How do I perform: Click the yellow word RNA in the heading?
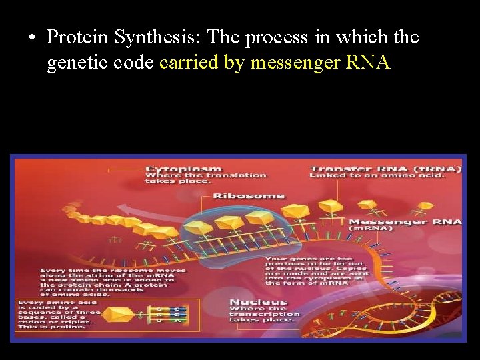pyautogui.click(x=368, y=64)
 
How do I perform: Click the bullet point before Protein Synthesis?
pyautogui.click(x=32, y=38)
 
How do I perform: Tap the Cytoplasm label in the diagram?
pyautogui.click(x=183, y=169)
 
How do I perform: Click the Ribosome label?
pyautogui.click(x=248, y=196)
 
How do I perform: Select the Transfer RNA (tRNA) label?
pyautogui.click(x=385, y=169)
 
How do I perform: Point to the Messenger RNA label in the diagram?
pyautogui.click(x=405, y=221)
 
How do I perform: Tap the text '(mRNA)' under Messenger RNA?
pyautogui.click(x=371, y=229)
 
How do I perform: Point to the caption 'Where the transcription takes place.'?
pyautogui.click(x=264, y=314)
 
